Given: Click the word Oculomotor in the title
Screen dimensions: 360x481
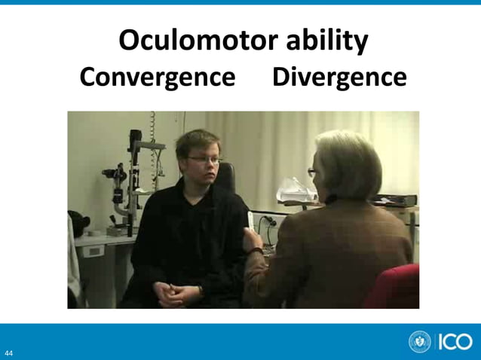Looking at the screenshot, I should [x=198, y=41].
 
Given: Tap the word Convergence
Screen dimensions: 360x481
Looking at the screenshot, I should [x=158, y=77].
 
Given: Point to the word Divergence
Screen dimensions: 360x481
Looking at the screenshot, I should [x=339, y=77].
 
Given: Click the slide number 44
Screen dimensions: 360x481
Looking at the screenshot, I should [x=8, y=352].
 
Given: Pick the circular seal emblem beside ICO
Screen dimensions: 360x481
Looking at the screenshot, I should [x=420, y=341].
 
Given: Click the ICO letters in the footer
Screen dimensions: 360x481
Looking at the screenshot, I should [x=454, y=342].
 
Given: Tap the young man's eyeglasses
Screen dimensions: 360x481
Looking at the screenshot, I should [x=205, y=159].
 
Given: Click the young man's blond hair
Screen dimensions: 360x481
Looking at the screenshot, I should [x=195, y=140].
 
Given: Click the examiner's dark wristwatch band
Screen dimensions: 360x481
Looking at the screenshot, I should [x=256, y=251].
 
